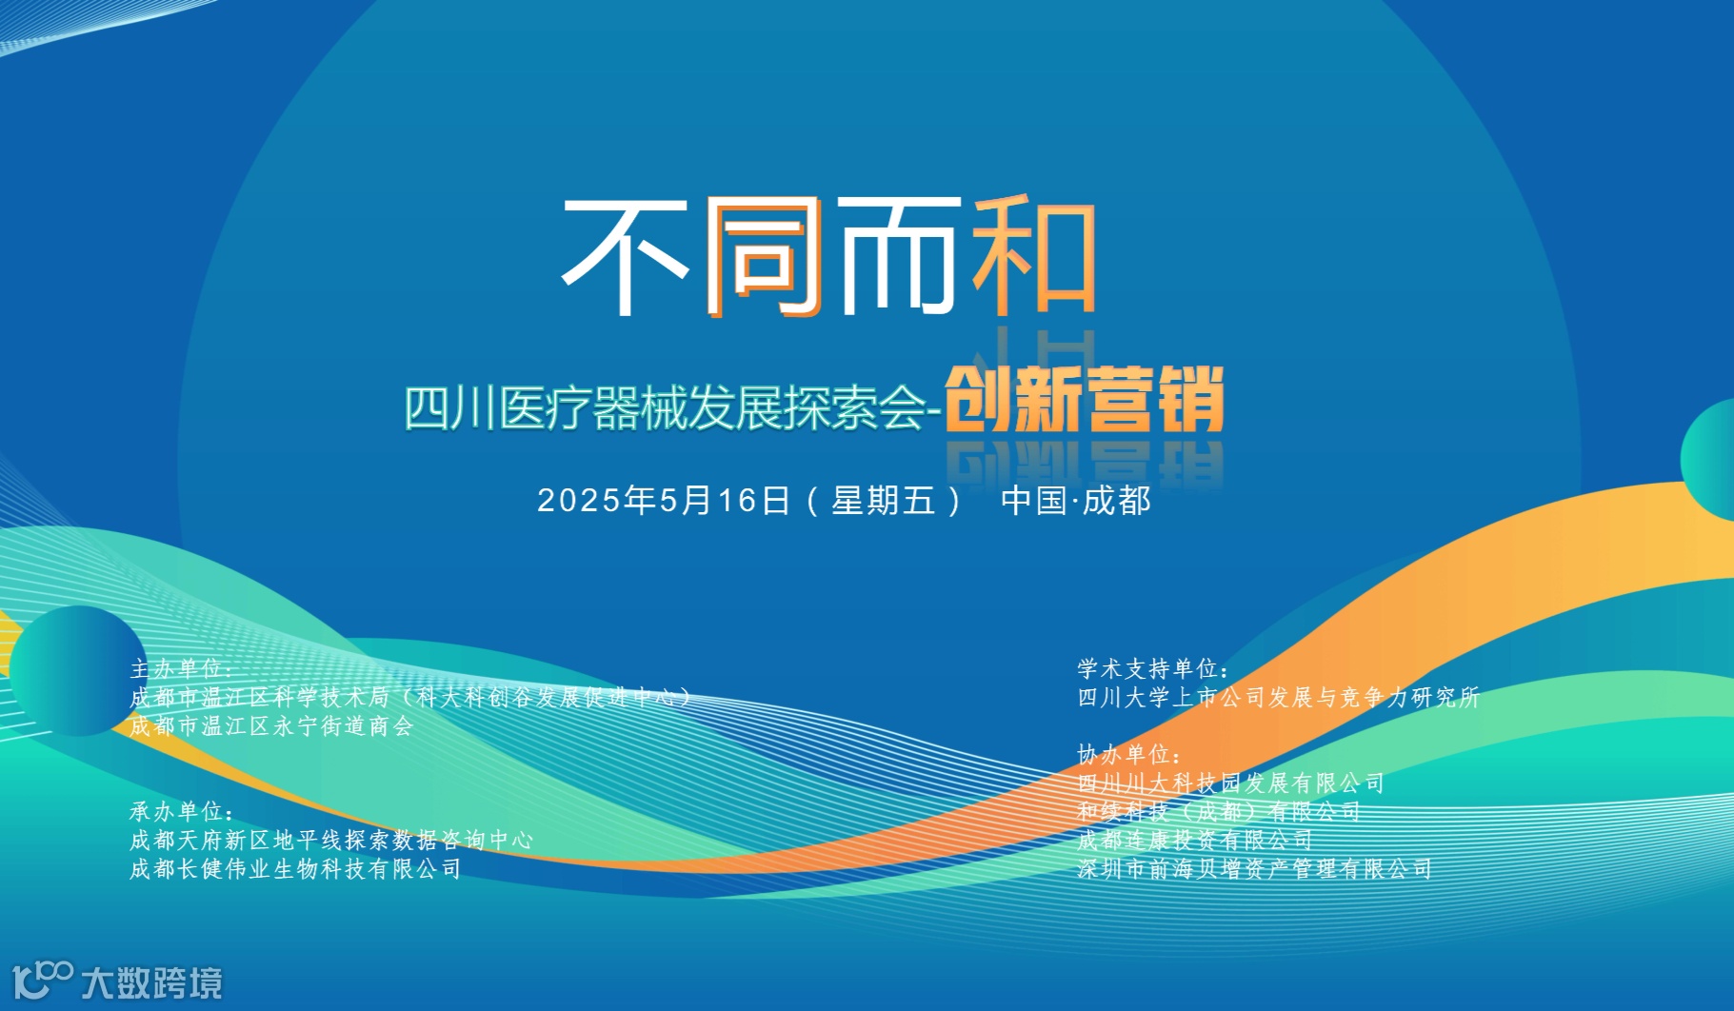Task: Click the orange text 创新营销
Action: [x=1084, y=401]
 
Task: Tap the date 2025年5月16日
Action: [x=664, y=501]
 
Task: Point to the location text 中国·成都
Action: [x=1075, y=501]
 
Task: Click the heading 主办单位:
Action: [x=181, y=669]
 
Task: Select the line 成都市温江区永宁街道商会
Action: [x=271, y=726]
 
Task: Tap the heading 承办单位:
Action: [x=181, y=812]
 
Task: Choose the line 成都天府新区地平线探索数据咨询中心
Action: [x=330, y=841]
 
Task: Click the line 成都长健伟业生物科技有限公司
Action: [x=295, y=869]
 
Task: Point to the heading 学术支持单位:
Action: [x=1153, y=669]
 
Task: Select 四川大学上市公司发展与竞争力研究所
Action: [x=1278, y=698]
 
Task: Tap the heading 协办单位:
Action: [x=1129, y=755]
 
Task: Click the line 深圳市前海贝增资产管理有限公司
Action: [x=1254, y=869]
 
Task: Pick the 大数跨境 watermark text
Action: [x=151, y=982]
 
